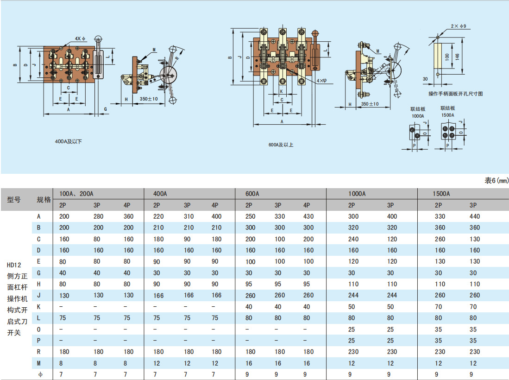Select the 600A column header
[x=252, y=194]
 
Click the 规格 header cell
[x=44, y=200]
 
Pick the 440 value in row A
[x=474, y=216]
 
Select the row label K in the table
[x=39, y=306]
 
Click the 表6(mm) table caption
[x=496, y=180]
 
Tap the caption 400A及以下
[x=68, y=141]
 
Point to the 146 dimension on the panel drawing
[x=458, y=57]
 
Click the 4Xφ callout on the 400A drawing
[x=80, y=38]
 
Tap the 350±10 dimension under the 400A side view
[x=149, y=99]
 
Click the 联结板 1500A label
[x=447, y=111]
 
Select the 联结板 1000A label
[x=417, y=112]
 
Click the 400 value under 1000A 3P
[x=392, y=216]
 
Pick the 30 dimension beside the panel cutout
[x=426, y=79]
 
